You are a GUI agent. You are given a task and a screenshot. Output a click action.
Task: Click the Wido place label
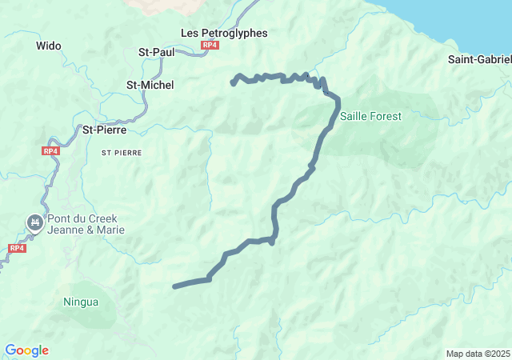[x=49, y=46]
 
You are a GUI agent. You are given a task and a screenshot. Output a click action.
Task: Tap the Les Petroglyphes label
[x=224, y=33]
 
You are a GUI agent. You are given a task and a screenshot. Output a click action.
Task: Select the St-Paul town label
[x=157, y=52]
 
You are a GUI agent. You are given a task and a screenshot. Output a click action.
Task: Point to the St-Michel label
[x=150, y=85]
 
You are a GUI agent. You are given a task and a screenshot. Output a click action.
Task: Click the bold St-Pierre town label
[x=106, y=129]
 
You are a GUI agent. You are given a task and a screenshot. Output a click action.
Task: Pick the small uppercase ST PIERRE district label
[x=122, y=151]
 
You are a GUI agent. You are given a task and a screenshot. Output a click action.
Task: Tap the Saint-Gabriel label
[x=479, y=59]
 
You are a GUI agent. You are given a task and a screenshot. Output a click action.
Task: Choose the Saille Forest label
[x=370, y=116]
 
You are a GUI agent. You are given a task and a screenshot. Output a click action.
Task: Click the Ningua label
[x=81, y=302]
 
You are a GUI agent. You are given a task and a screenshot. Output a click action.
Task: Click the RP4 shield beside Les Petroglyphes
[x=210, y=46]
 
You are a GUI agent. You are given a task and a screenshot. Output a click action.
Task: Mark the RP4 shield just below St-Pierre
[x=50, y=150]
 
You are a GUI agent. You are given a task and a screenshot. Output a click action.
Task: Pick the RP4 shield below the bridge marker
[x=16, y=248]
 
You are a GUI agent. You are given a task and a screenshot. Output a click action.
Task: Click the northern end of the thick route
[x=233, y=82]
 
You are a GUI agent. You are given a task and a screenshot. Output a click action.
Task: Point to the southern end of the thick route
[x=174, y=286]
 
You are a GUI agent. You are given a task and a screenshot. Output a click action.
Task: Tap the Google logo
[x=26, y=350]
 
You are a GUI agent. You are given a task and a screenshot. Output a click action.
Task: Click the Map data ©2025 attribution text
[x=478, y=354]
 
